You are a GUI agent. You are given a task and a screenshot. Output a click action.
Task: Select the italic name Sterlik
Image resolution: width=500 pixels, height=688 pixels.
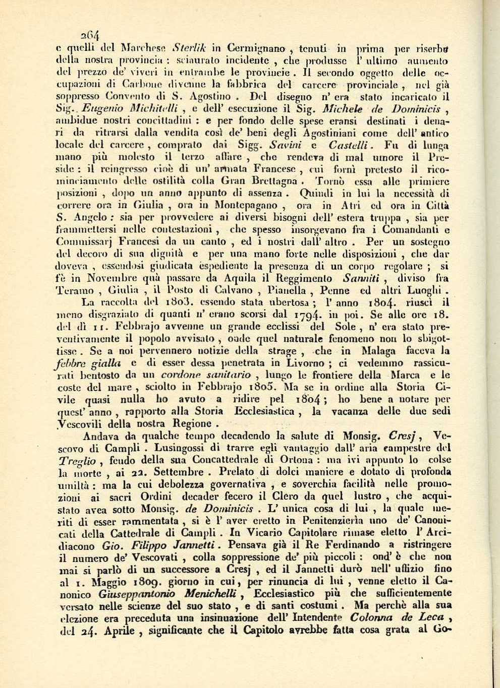(x=189, y=49)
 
